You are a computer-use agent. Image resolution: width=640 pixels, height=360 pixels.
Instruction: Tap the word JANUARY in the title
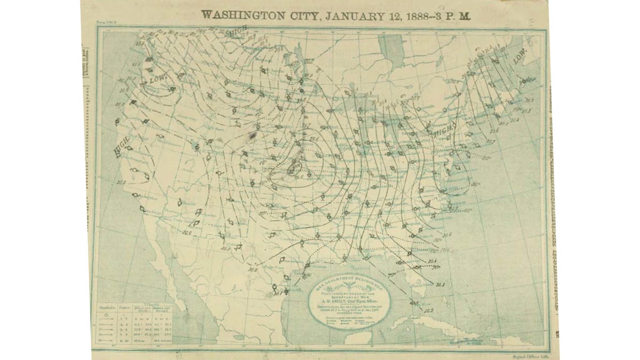(354, 14)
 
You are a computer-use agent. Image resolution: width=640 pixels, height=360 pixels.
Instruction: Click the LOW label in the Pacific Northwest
(158, 79)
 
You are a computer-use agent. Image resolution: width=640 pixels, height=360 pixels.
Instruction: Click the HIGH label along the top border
(239, 31)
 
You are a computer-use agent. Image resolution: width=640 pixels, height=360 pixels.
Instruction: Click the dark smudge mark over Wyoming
(250, 137)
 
